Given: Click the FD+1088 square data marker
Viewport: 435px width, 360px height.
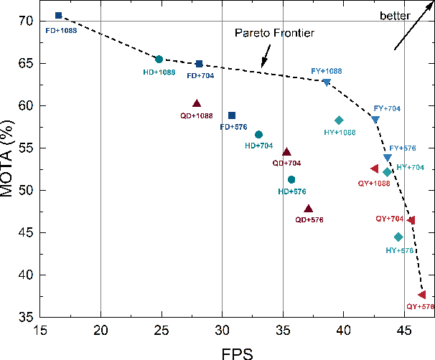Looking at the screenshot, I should click(x=59, y=16).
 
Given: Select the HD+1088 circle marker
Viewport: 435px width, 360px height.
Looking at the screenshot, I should click(x=159, y=60).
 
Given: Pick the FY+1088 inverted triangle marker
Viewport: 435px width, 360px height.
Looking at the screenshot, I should click(x=327, y=82).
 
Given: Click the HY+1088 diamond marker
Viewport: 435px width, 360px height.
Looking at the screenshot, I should click(x=339, y=120).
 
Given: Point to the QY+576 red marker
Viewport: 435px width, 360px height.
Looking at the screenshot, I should click(x=422, y=295).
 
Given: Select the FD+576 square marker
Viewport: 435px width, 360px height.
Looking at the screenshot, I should click(x=232, y=115).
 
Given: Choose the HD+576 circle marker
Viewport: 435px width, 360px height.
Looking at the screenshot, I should click(x=291, y=180).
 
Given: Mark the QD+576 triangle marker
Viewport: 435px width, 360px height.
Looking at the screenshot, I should click(x=309, y=209).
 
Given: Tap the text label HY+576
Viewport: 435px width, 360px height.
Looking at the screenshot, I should click(x=399, y=250).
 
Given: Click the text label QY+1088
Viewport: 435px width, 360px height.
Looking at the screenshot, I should click(x=374, y=183).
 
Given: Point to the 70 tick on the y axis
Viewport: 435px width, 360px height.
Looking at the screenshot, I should click(x=26, y=22).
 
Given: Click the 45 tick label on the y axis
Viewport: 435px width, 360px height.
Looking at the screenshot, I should click(x=26, y=233).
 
